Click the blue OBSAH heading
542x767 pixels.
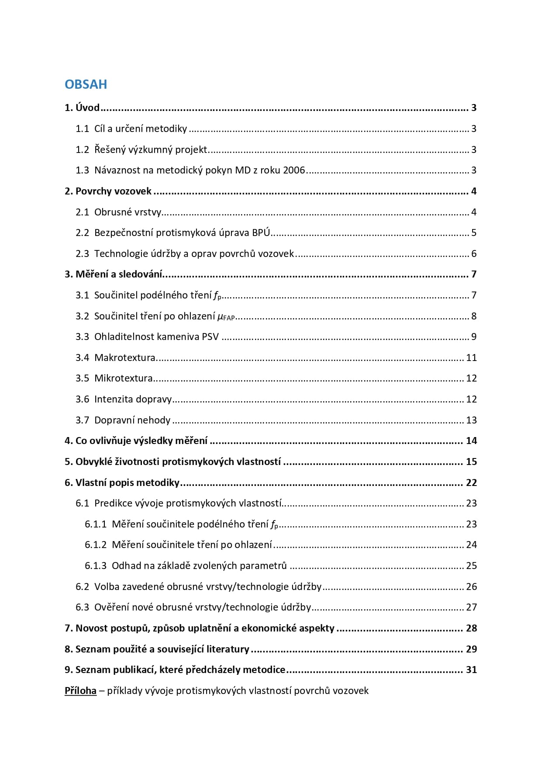click(x=86, y=84)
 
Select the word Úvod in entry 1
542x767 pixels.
click(x=88, y=108)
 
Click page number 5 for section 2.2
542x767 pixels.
click(x=473, y=233)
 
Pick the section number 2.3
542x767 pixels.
click(x=82, y=253)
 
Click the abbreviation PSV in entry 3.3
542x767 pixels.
click(x=210, y=337)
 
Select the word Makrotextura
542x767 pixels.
click(x=125, y=357)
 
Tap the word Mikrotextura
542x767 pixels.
click(x=124, y=378)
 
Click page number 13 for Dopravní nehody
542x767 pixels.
click(x=471, y=420)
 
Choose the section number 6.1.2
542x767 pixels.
click(x=96, y=545)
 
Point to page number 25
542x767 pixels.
click(x=471, y=566)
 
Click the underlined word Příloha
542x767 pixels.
click(x=80, y=691)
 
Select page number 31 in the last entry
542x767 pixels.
click(x=471, y=670)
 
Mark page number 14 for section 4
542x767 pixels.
click(x=471, y=441)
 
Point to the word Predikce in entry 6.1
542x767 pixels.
click(x=113, y=503)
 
